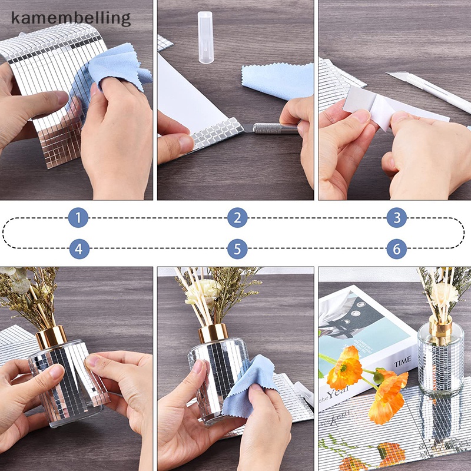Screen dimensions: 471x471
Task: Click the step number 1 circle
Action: coord(78,218)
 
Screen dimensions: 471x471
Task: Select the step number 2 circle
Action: coord(237,218)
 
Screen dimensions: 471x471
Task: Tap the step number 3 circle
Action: coord(397,218)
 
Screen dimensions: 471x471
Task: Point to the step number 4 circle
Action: coord(79,248)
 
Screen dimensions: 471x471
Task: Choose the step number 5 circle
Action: coord(237,248)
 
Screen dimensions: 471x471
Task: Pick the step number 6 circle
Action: coord(397,248)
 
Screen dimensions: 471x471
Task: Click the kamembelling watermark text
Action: coord(70,18)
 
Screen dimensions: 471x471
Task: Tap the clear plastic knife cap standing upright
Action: coord(204,37)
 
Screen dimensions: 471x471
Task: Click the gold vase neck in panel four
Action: coord(52,337)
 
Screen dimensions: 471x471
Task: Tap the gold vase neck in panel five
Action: coord(213,333)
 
